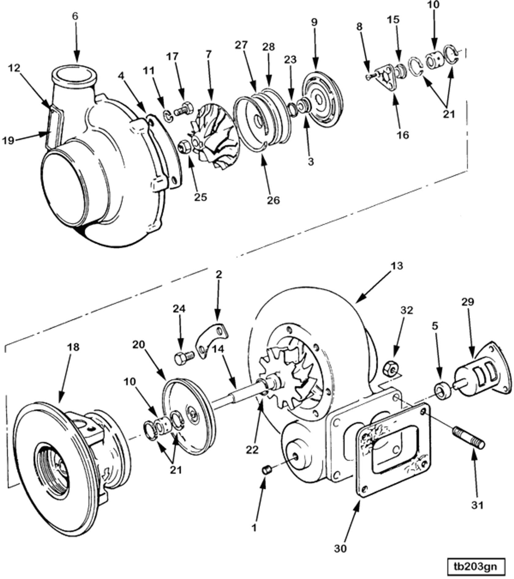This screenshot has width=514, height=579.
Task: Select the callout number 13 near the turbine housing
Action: [x=397, y=266]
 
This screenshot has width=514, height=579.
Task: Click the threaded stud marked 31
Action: [x=468, y=439]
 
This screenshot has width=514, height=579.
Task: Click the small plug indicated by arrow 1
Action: [x=267, y=469]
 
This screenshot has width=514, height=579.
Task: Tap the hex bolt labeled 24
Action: [x=184, y=358]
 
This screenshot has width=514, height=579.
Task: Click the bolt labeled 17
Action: [x=183, y=110]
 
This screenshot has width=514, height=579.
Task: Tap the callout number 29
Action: [x=467, y=302]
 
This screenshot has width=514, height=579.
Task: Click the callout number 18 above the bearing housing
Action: [x=73, y=347]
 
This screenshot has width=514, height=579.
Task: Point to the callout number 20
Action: [x=138, y=345]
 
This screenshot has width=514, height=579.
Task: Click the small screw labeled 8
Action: [x=369, y=77]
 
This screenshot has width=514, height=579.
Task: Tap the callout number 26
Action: [x=273, y=200]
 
